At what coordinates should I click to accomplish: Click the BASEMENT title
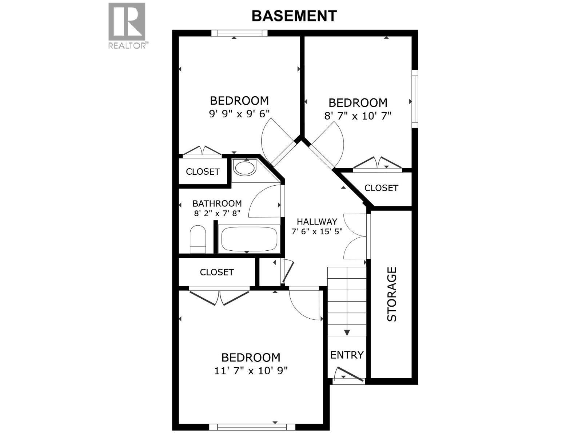(294, 16)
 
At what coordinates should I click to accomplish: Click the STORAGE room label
(391, 294)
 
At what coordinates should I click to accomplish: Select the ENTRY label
(347, 355)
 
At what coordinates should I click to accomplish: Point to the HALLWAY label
(317, 222)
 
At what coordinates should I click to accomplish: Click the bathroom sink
(244, 168)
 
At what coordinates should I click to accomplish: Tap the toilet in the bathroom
(198, 239)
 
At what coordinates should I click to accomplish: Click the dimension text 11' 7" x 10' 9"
(251, 371)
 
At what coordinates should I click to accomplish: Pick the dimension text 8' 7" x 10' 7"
(358, 116)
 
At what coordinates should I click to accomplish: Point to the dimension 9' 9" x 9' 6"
(239, 114)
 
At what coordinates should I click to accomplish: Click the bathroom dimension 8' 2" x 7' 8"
(217, 213)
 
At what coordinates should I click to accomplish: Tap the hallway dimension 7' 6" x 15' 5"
(317, 231)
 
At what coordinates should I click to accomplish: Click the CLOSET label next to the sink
(203, 171)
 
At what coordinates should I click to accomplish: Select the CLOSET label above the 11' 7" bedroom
(217, 272)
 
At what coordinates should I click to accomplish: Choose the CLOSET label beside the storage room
(381, 188)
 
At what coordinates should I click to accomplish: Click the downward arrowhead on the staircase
(347, 332)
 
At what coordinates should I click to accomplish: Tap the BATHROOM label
(217, 203)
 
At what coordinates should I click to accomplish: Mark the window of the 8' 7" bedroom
(415, 98)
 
